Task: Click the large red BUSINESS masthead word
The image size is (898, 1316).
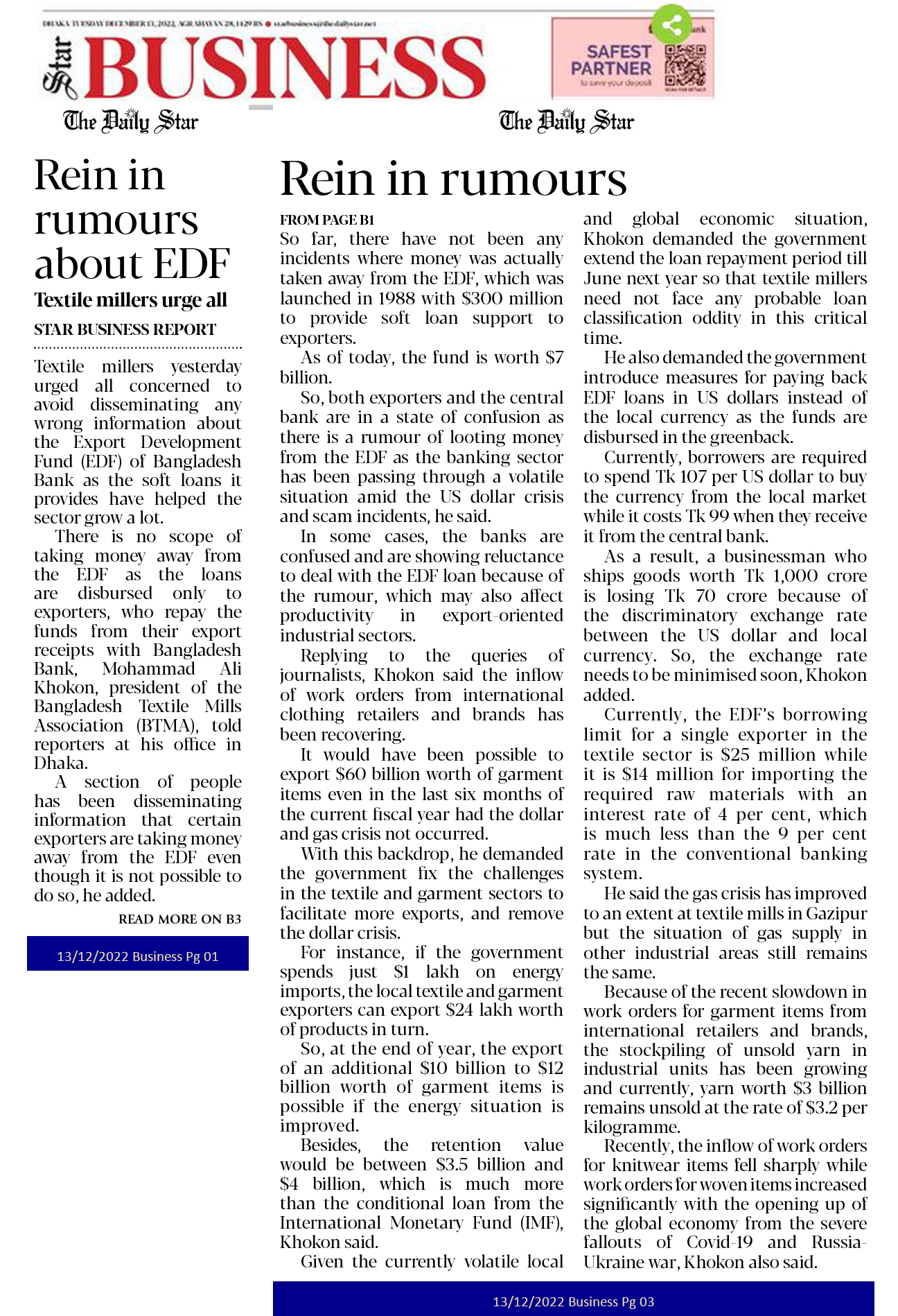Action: [x=284, y=67]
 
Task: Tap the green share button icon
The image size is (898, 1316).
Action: [x=671, y=26]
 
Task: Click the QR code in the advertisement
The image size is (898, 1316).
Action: [x=685, y=67]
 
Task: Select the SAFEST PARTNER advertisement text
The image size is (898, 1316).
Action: [x=611, y=60]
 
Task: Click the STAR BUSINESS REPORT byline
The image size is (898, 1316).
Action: [x=125, y=329]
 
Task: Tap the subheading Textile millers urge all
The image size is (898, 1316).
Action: [x=130, y=300]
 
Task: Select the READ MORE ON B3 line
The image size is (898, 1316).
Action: [x=179, y=919]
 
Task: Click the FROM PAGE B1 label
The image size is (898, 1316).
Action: [x=326, y=220]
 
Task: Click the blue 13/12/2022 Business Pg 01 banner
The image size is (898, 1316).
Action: [x=137, y=956]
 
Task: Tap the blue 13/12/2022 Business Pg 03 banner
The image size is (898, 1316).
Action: [x=573, y=1301]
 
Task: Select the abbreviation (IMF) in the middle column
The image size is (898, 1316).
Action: [x=542, y=1222]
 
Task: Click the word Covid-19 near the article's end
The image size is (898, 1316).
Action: [x=719, y=1242]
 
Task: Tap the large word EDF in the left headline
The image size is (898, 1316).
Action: [x=191, y=264]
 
